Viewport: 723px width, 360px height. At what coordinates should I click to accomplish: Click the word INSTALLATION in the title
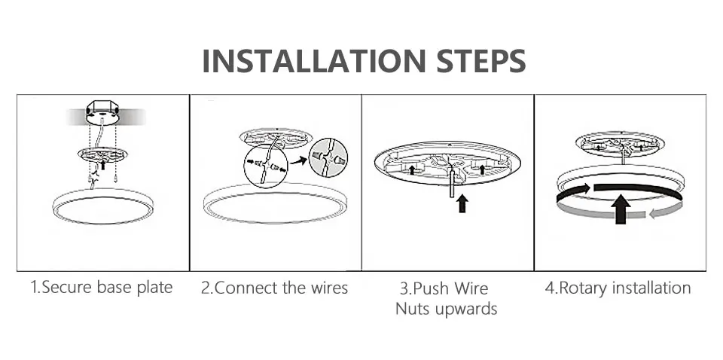click(x=313, y=60)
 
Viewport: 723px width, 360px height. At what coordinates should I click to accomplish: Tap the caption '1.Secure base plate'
click(x=102, y=288)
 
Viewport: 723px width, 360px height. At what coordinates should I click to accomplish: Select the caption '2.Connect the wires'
click(x=274, y=288)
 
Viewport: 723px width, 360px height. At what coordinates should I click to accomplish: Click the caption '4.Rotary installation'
click(x=618, y=288)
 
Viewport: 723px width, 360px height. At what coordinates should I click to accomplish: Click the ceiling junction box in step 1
click(x=102, y=112)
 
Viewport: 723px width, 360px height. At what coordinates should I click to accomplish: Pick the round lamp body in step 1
click(x=103, y=206)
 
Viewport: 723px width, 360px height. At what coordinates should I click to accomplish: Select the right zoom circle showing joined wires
click(x=328, y=157)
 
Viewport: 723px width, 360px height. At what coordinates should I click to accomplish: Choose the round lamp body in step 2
click(x=276, y=203)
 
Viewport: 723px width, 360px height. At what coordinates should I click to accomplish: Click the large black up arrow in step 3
click(x=462, y=203)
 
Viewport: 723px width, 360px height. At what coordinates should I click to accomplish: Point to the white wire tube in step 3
click(x=453, y=184)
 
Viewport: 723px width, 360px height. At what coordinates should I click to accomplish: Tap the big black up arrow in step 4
click(x=621, y=209)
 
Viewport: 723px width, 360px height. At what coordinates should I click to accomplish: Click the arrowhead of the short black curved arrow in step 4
click(x=586, y=188)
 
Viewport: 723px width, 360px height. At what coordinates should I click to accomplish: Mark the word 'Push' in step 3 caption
click(x=432, y=288)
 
